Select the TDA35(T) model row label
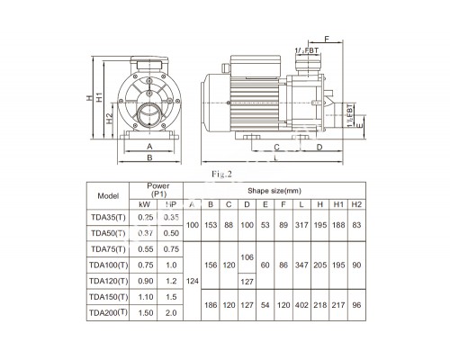pyautogui.click(x=108, y=217)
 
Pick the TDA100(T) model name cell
pyautogui.click(x=108, y=265)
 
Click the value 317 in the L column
pyautogui.click(x=301, y=225)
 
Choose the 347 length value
pyautogui.click(x=301, y=265)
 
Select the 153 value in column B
pyautogui.click(x=210, y=225)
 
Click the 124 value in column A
pyautogui.click(x=191, y=281)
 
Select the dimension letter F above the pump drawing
pyautogui.click(x=326, y=40)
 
